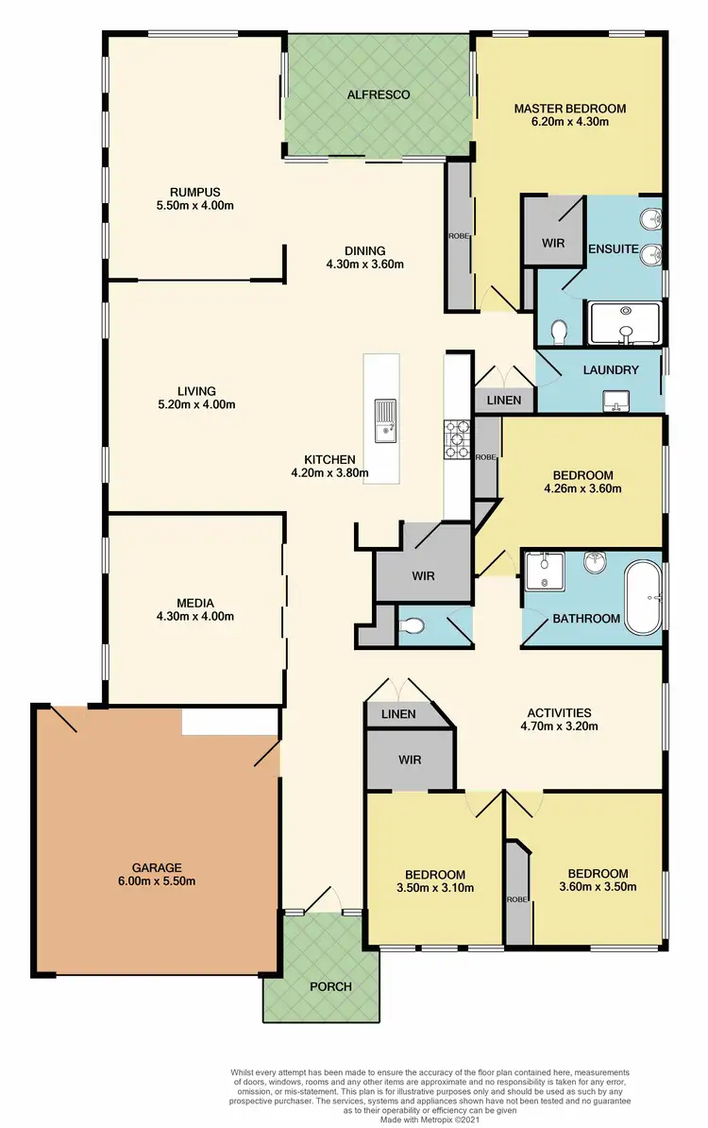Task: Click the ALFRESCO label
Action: [x=378, y=95]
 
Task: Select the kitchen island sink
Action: [x=385, y=420]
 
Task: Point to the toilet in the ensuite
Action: [x=558, y=331]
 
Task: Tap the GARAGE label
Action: [x=157, y=867]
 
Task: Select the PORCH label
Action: [x=329, y=986]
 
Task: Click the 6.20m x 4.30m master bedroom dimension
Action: [x=569, y=122]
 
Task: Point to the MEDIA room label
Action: [x=195, y=603]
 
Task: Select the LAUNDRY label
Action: [x=609, y=370]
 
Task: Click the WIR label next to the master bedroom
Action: [x=553, y=243]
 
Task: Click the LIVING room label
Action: [x=195, y=390]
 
